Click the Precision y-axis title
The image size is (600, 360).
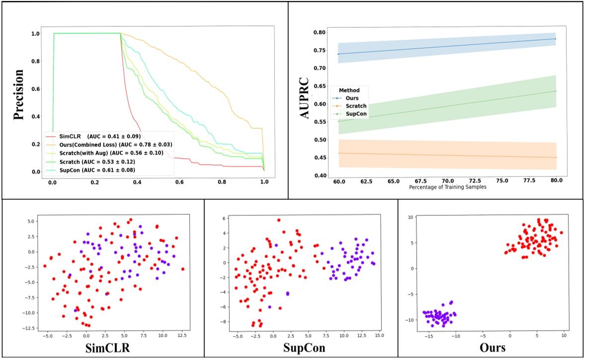[18, 94]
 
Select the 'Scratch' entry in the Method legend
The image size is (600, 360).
[355, 106]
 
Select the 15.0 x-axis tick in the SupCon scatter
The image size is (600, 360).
[379, 336]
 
